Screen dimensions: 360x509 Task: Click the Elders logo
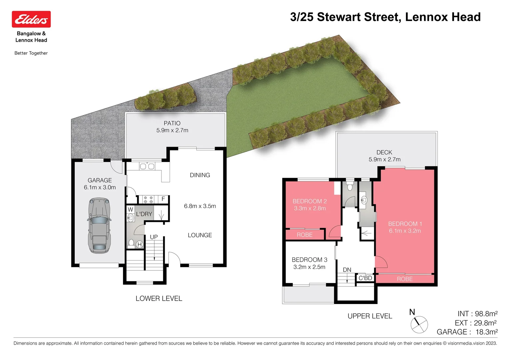pyautogui.click(x=31, y=19)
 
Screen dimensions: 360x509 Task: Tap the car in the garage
pyautogui.click(x=99, y=225)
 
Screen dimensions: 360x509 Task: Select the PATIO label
pyautogui.click(x=172, y=123)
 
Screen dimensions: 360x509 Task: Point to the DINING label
pyautogui.click(x=200, y=175)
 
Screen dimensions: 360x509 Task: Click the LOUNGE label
pyautogui.click(x=200, y=235)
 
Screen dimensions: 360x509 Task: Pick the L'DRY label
pyautogui.click(x=144, y=214)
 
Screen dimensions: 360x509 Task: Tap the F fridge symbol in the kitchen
pyautogui.click(x=163, y=199)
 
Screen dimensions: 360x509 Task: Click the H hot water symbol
pyautogui.click(x=139, y=244)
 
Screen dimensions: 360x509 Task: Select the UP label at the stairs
pyautogui.click(x=154, y=237)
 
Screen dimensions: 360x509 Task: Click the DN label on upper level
pyautogui.click(x=347, y=270)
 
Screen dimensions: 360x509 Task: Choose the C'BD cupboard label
pyautogui.click(x=365, y=278)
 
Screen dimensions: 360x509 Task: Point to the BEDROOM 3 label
pyautogui.click(x=309, y=260)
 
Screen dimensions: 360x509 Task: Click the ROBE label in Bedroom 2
pyautogui.click(x=305, y=235)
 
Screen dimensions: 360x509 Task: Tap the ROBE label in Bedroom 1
pyautogui.click(x=405, y=279)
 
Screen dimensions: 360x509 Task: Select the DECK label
pyautogui.click(x=384, y=152)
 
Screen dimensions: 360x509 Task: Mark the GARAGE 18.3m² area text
pyautogui.click(x=467, y=332)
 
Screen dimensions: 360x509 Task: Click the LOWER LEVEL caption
pyautogui.click(x=159, y=299)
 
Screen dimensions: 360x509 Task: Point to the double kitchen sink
pyautogui.click(x=147, y=166)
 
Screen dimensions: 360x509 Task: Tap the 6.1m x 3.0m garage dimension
pyautogui.click(x=100, y=187)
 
